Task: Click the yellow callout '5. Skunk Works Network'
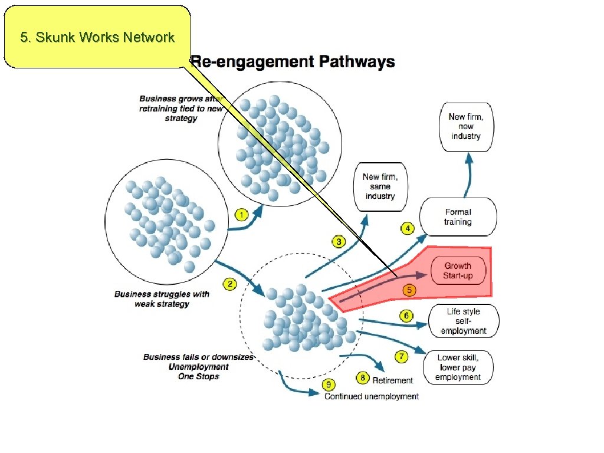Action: tap(97, 37)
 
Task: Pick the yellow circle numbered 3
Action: tap(339, 241)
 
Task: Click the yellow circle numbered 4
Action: tap(407, 228)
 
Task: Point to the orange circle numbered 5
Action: tap(409, 290)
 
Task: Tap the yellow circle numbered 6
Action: tap(406, 316)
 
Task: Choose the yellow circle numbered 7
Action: tap(402, 356)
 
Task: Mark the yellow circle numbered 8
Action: tap(363, 377)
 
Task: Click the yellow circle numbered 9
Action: tap(329, 385)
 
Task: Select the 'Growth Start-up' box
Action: tap(458, 271)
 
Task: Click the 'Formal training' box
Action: tap(458, 217)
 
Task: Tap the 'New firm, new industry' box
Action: tap(466, 127)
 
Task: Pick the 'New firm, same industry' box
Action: tap(380, 186)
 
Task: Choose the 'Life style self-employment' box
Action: tap(464, 321)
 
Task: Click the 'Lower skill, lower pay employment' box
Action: tap(458, 367)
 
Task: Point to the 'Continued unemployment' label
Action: tap(372, 396)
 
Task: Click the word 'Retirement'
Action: tap(393, 380)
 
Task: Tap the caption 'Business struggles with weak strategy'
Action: tap(162, 298)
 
